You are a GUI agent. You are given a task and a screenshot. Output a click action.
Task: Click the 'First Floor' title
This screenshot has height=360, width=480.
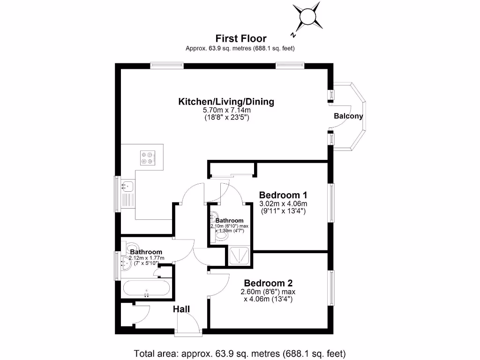(x=240, y=38)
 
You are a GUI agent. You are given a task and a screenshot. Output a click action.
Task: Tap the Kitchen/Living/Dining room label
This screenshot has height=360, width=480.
(x=226, y=102)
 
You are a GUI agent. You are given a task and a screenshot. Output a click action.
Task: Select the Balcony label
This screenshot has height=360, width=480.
(x=348, y=116)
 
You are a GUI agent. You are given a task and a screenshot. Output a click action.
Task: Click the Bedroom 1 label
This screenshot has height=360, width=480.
(x=283, y=195)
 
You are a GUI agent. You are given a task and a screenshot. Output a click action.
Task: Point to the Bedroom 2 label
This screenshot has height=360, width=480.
(x=268, y=283)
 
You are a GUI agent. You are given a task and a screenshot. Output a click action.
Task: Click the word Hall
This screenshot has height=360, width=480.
(x=181, y=309)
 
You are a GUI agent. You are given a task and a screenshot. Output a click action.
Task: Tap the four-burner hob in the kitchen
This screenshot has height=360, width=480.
(x=148, y=157)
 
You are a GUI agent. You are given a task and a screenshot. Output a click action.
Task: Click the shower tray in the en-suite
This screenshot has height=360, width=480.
(x=239, y=257)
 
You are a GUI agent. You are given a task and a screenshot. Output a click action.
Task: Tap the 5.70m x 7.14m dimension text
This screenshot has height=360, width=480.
(x=226, y=111)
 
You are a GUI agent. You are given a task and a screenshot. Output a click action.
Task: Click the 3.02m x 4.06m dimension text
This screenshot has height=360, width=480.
(x=283, y=204)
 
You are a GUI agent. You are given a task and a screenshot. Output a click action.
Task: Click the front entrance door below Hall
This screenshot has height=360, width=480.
(x=188, y=324)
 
